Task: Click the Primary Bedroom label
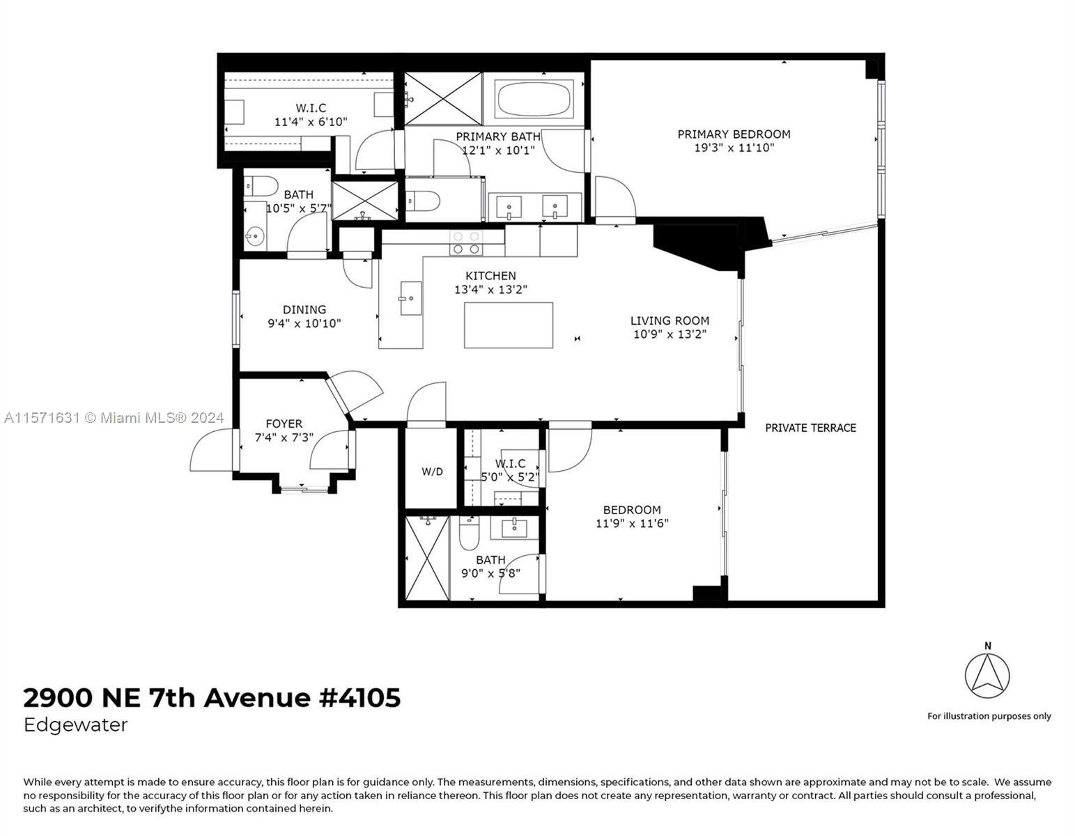(x=734, y=134)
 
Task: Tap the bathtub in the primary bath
(x=534, y=100)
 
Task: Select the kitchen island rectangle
(x=508, y=325)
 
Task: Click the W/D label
(x=432, y=472)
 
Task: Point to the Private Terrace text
(x=810, y=428)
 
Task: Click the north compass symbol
(x=987, y=676)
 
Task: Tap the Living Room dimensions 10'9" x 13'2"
(x=670, y=334)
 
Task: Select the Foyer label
(x=284, y=424)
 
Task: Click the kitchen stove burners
(x=466, y=243)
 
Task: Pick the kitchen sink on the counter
(x=410, y=298)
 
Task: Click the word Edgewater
(x=75, y=725)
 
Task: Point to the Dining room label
(x=304, y=309)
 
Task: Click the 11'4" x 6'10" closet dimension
(x=311, y=122)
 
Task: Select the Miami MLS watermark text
(x=114, y=418)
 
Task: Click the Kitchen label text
(x=490, y=276)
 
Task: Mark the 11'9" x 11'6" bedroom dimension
(x=632, y=523)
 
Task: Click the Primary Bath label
(x=497, y=137)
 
